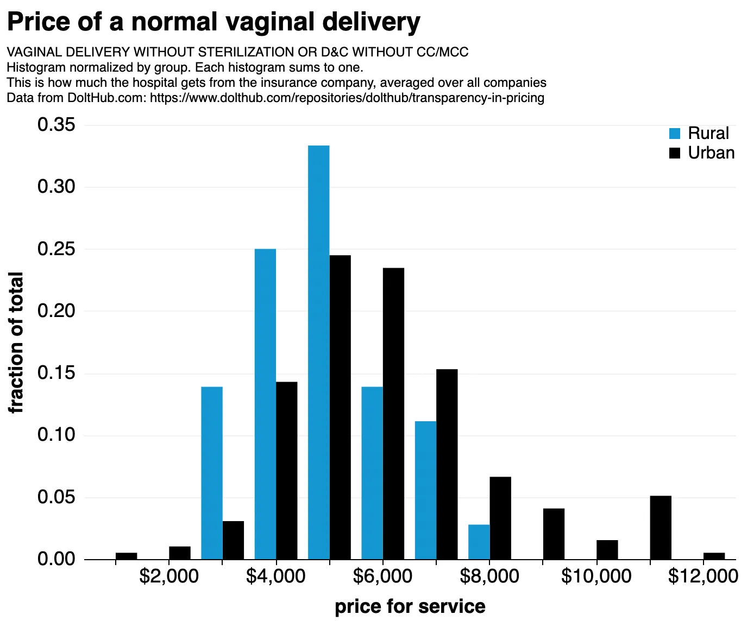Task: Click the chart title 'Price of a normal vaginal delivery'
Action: [x=213, y=23]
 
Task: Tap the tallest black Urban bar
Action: [x=340, y=407]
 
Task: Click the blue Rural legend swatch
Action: [x=675, y=134]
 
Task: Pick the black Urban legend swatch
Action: [x=675, y=153]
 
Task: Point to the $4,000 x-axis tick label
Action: [x=275, y=576]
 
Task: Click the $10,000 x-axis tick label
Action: [x=596, y=576]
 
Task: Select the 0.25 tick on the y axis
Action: [x=56, y=249]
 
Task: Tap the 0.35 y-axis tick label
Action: [x=56, y=125]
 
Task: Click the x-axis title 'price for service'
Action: [x=410, y=606]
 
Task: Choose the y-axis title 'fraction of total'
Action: [x=16, y=343]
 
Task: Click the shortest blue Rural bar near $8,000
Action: [x=479, y=542]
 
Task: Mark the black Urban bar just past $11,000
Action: [x=661, y=528]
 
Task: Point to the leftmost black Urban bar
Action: [x=126, y=556]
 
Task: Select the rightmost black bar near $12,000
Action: [x=714, y=556]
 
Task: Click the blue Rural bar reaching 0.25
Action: [x=265, y=404]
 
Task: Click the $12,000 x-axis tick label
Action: [x=703, y=576]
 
